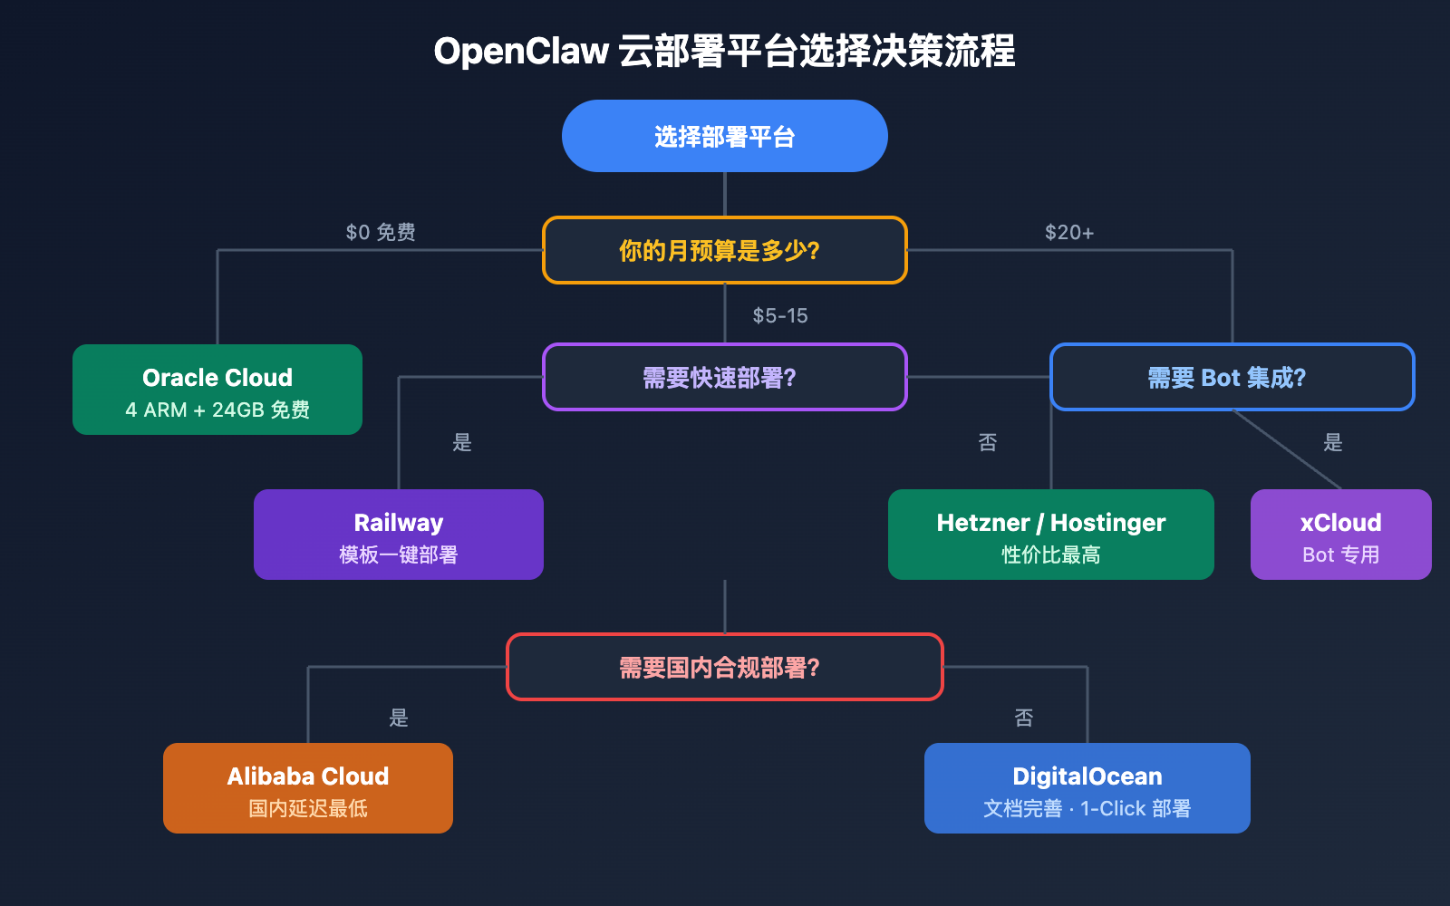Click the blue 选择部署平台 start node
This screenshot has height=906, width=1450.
[725, 136]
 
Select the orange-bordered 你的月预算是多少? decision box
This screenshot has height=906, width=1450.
[725, 250]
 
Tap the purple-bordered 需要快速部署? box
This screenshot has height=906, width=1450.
[725, 377]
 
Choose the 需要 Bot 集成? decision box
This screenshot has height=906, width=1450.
[1232, 377]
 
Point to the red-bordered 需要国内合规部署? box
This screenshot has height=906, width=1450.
[725, 667]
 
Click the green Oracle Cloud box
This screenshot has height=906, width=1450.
[217, 390]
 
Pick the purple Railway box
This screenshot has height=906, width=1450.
[399, 535]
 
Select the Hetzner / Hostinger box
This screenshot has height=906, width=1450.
[1051, 535]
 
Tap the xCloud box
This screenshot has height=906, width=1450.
[1341, 535]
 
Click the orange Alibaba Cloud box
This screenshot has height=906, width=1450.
[308, 788]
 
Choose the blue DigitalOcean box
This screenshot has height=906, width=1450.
[1087, 788]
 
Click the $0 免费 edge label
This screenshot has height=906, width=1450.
[381, 232]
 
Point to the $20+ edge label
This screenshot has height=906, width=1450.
[1069, 232]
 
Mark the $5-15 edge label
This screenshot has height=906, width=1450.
[780, 315]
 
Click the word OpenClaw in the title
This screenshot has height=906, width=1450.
[521, 51]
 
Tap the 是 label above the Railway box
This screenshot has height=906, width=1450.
[462, 442]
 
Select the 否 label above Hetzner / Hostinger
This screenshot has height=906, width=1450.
[988, 442]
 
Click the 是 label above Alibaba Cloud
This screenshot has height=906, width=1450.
[399, 718]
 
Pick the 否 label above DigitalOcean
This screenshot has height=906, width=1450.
[1024, 718]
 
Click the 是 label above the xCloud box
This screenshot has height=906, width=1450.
[1333, 442]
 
